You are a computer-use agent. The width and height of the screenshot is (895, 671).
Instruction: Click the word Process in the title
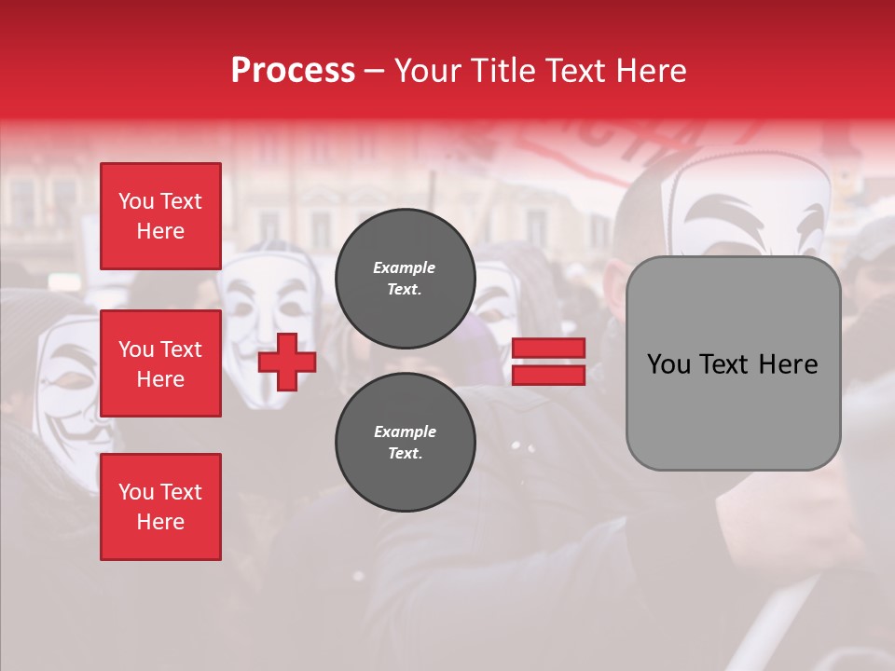[293, 71]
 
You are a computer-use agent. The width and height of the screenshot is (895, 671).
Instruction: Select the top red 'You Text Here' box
[160, 216]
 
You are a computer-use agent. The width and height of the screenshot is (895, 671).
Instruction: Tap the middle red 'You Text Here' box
[160, 363]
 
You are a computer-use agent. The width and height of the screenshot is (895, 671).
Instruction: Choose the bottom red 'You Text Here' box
[160, 507]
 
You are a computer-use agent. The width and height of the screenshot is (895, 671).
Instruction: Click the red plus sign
[287, 362]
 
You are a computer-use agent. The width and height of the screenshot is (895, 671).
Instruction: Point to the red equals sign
[548, 362]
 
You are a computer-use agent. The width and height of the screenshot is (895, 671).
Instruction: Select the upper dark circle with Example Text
[405, 279]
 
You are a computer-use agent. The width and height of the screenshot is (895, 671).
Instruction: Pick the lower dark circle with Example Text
[405, 443]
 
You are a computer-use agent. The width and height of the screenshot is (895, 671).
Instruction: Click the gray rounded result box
[733, 363]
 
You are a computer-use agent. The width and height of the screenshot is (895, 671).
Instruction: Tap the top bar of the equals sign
[548, 349]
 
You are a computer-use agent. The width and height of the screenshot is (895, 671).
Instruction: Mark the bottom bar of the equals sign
[548, 375]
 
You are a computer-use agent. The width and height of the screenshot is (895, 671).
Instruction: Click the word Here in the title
[650, 71]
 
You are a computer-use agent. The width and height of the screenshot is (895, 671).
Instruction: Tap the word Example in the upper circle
[405, 267]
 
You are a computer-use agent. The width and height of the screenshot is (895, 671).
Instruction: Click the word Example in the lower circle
[405, 431]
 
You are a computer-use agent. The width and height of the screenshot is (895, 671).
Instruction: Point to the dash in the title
[375, 71]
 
